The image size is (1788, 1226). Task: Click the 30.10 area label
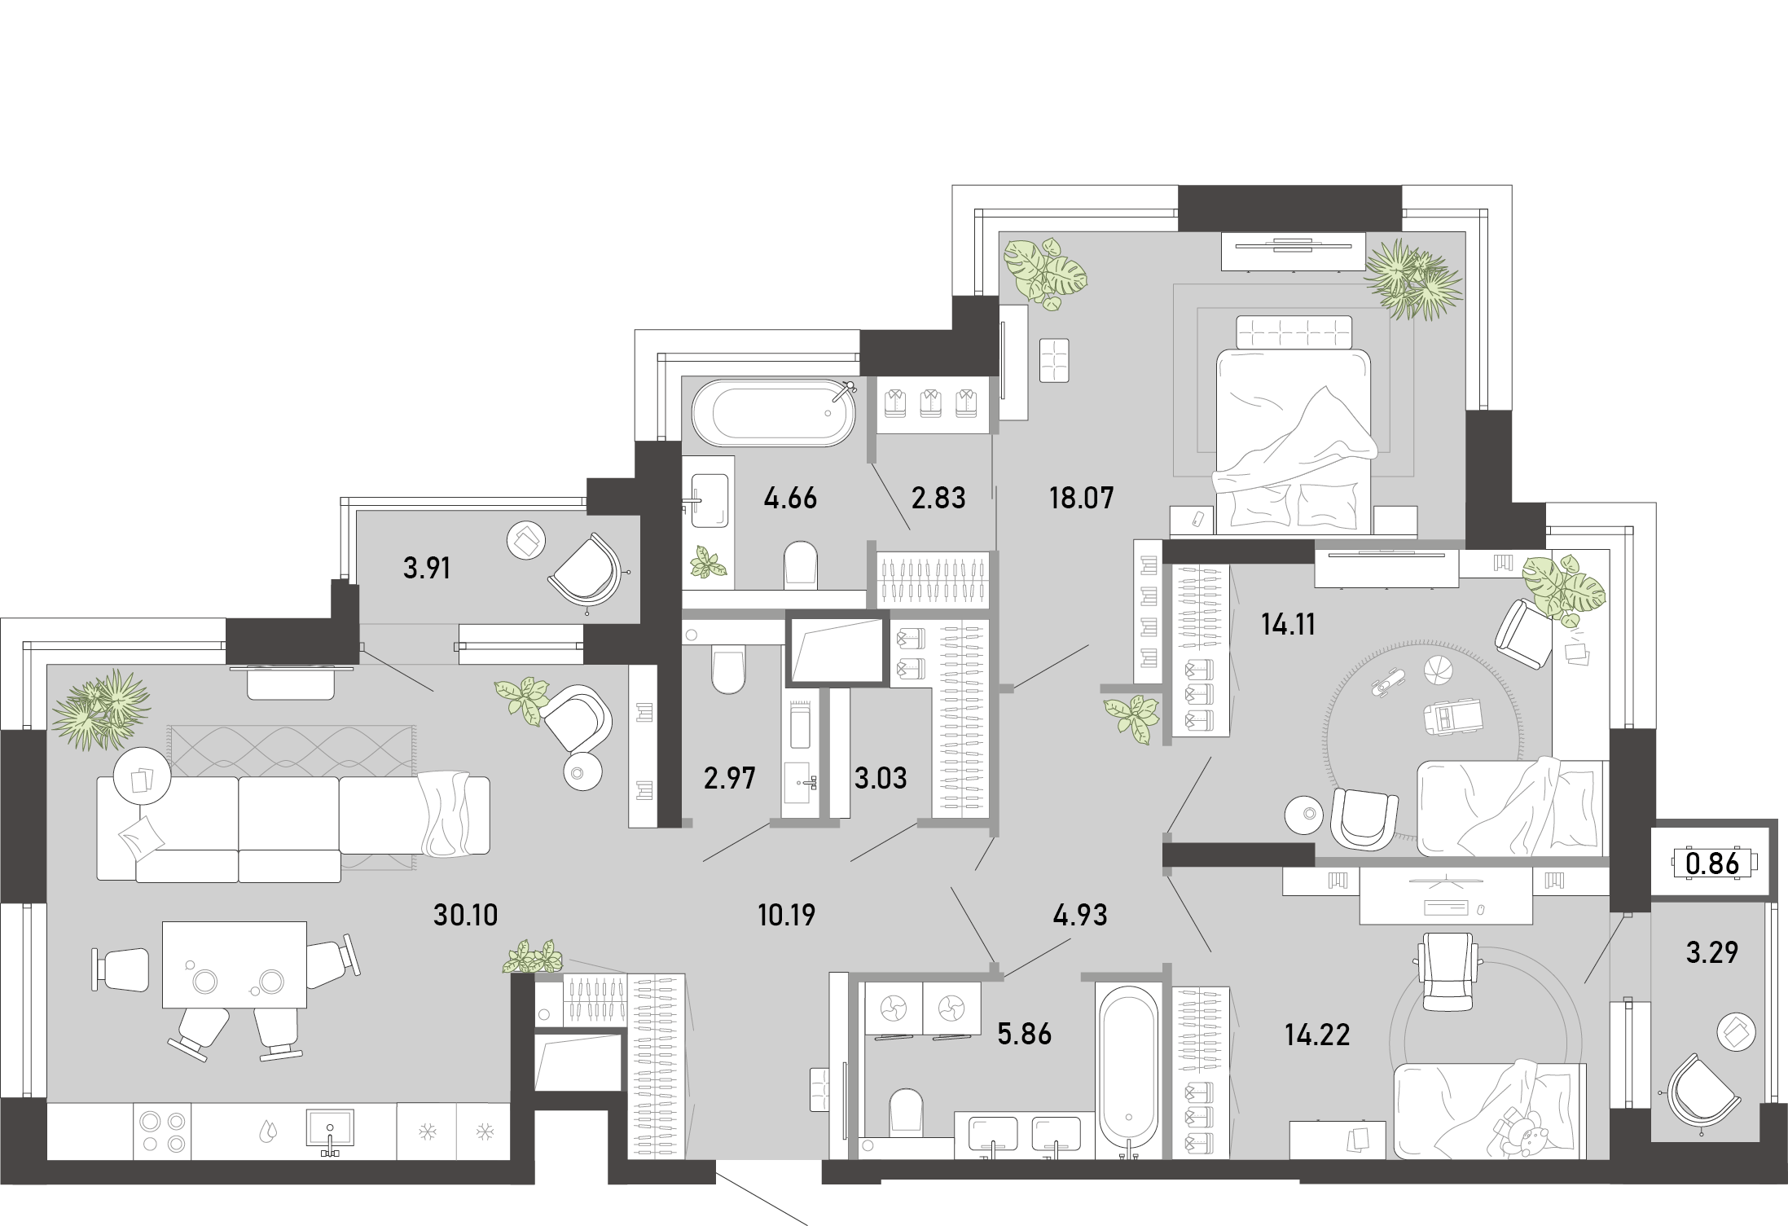pos(465,915)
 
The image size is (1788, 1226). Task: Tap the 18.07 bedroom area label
pos(1081,498)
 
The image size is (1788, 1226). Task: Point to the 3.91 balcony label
pos(427,568)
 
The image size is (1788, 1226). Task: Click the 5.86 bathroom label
pos(1025,1034)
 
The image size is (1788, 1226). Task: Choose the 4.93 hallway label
pos(1080,915)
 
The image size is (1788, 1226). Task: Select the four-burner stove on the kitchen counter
pos(163,1132)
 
